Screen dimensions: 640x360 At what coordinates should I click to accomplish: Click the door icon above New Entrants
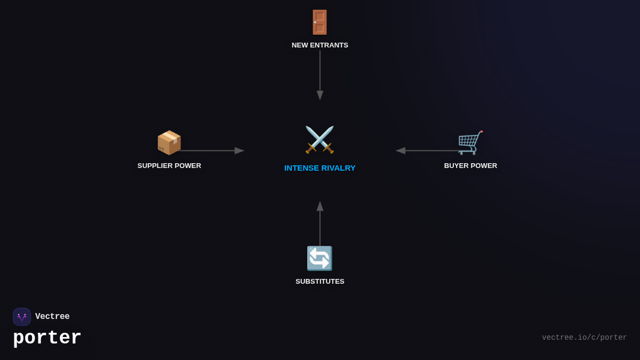click(319, 22)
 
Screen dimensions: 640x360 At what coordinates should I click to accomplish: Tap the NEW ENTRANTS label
click(319, 45)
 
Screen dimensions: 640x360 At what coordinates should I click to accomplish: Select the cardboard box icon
click(169, 142)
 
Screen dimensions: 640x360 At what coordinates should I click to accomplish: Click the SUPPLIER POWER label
click(169, 166)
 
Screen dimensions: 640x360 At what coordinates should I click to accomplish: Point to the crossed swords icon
click(319, 140)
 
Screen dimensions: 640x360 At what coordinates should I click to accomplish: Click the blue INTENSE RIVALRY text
click(319, 168)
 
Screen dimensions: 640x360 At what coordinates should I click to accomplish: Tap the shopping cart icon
click(470, 142)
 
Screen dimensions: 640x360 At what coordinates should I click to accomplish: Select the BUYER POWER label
click(470, 166)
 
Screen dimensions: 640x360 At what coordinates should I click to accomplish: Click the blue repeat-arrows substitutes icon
click(319, 258)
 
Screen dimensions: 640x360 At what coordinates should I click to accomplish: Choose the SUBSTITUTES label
click(319, 282)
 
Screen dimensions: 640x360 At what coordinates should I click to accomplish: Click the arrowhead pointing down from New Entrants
click(320, 95)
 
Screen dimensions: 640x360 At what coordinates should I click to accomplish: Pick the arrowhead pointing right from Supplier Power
click(239, 150)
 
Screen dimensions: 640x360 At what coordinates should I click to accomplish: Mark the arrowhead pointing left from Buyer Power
click(401, 150)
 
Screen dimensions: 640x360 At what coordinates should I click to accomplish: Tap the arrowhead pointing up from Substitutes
click(320, 206)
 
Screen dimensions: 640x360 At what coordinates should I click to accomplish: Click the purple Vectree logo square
click(22, 317)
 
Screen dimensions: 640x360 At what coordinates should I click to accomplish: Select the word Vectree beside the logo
click(52, 316)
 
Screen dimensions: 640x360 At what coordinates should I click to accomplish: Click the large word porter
click(47, 338)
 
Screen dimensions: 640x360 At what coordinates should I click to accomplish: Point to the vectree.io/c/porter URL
click(585, 338)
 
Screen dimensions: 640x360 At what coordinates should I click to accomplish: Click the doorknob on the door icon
click(315, 22)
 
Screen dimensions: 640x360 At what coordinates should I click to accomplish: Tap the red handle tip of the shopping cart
click(482, 131)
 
